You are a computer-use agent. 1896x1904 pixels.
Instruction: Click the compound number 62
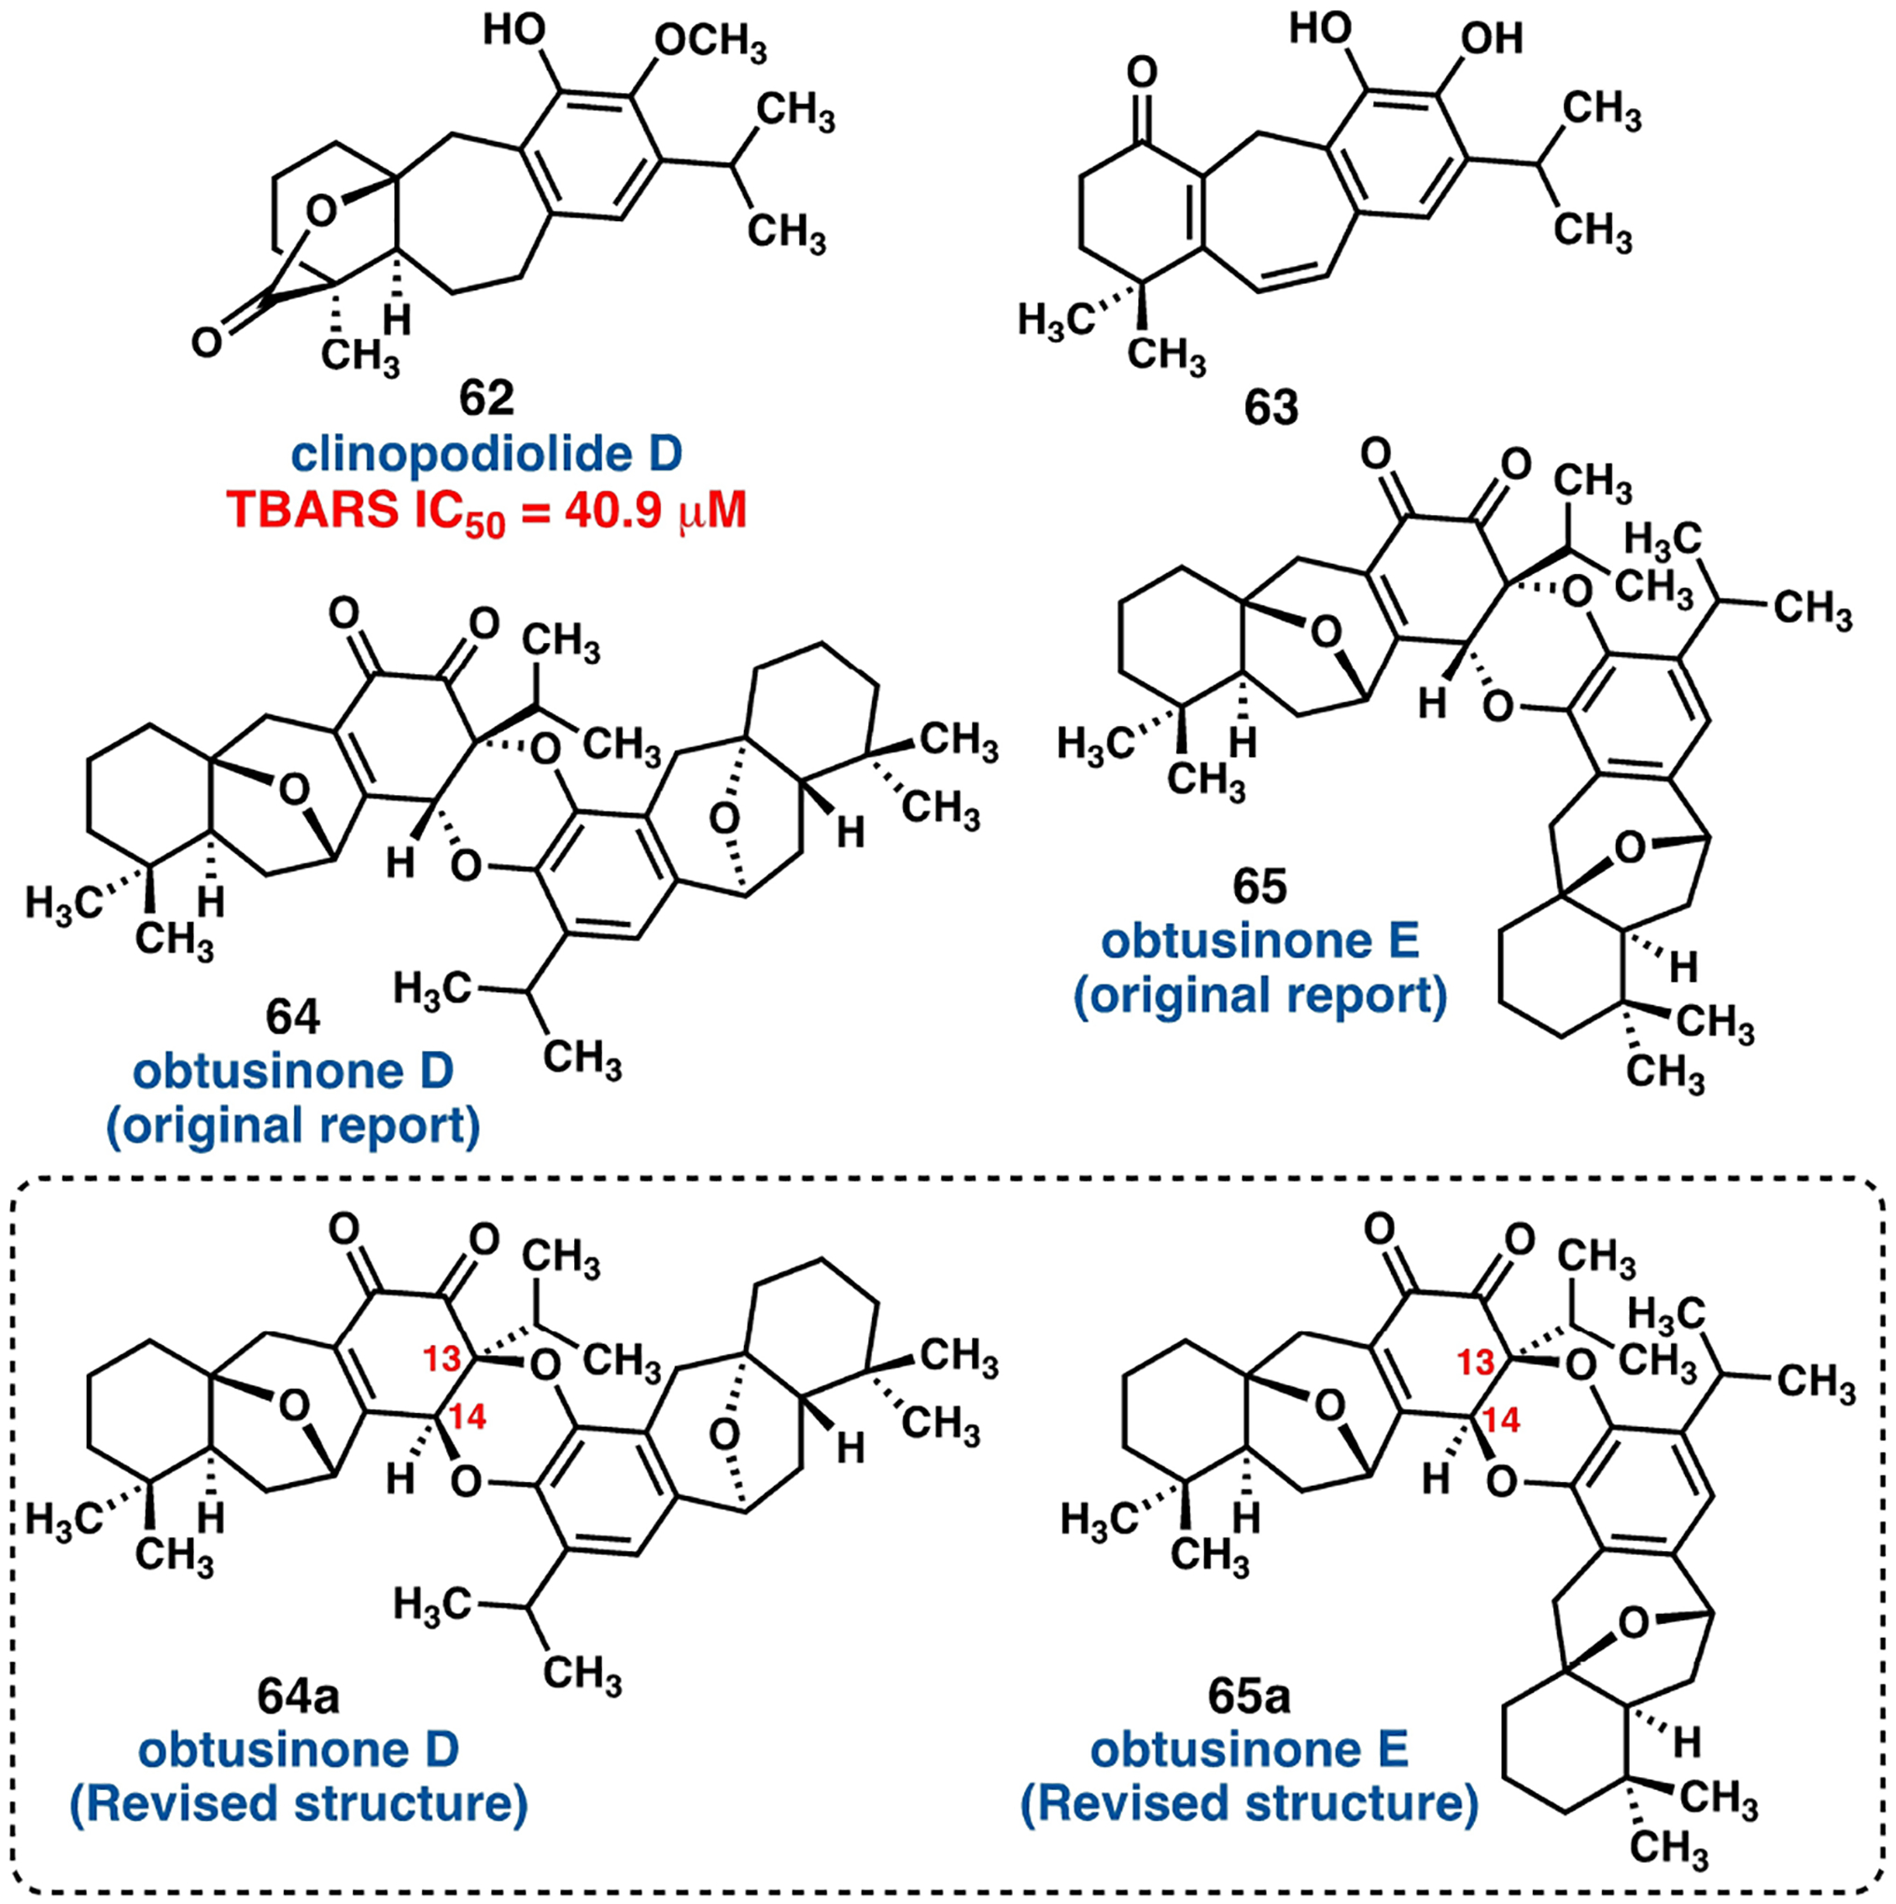pyautogui.click(x=486, y=399)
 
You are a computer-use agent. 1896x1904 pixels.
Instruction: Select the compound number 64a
pyautogui.click(x=299, y=1695)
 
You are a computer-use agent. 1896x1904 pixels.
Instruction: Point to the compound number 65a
pyautogui.click(x=1249, y=1695)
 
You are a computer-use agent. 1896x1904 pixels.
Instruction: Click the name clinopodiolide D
pyautogui.click(x=486, y=455)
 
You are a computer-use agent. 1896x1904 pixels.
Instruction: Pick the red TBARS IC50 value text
pyautogui.click(x=486, y=511)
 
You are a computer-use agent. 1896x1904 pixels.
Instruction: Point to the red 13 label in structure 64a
pyautogui.click(x=442, y=1359)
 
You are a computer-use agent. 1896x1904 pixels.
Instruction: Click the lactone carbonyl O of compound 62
pyautogui.click(x=206, y=342)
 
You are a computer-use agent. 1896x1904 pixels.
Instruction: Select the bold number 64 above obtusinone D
pyautogui.click(x=293, y=1017)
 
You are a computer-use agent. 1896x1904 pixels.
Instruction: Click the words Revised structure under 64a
pyautogui.click(x=299, y=1803)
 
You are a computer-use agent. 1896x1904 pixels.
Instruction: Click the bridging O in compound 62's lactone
pyautogui.click(x=320, y=210)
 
